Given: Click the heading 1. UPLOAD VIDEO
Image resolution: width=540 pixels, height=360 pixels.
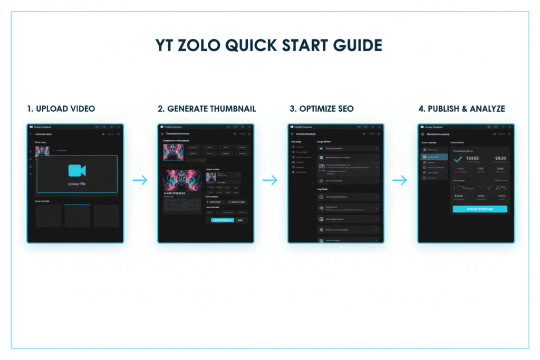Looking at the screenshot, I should (61, 109).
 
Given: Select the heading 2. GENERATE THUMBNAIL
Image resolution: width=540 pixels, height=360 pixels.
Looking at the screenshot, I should (207, 109).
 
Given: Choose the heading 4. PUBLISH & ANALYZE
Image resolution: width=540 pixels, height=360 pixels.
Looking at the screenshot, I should (461, 109).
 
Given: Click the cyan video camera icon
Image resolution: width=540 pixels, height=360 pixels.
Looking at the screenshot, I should (77, 170).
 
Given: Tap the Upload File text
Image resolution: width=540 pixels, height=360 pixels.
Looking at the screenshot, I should (77, 184).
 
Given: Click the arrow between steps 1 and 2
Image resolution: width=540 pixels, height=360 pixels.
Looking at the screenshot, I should (140, 180).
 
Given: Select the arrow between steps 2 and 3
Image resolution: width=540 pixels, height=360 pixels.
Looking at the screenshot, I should (270, 180).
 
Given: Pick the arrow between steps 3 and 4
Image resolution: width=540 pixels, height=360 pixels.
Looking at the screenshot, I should (400, 180).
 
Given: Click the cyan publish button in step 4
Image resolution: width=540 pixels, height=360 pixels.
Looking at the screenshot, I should (479, 209).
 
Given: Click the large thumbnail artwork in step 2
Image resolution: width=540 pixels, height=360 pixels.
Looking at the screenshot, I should (182, 182).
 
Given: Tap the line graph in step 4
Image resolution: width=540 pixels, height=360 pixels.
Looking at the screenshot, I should (479, 187).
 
